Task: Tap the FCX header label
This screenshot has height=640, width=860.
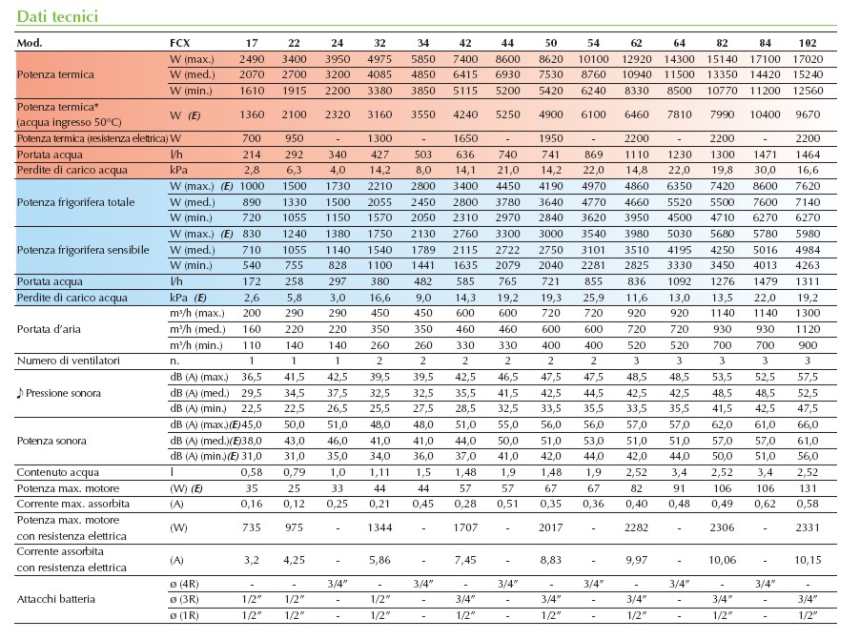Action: pos(180,43)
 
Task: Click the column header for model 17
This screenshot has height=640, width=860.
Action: pos(252,43)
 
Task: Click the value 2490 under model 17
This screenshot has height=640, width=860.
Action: pos(252,59)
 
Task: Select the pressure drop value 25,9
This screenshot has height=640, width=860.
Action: pos(593,299)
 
